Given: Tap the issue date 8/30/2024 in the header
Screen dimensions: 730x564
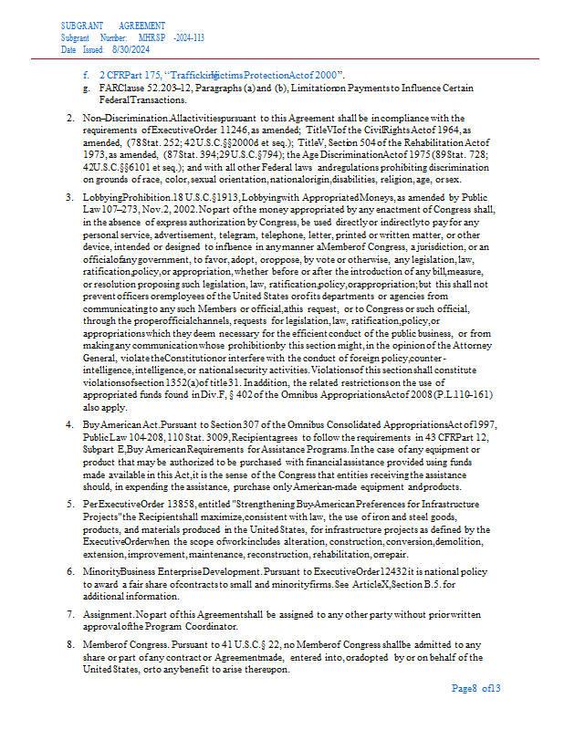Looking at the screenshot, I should pos(131,51).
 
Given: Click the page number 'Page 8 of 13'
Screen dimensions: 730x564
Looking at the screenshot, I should pos(476,688).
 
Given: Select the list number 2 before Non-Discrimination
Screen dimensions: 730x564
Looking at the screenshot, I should pos(70,119).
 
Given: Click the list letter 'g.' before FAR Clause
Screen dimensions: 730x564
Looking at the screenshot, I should pos(85,89).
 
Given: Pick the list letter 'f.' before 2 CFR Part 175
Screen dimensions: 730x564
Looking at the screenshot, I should pos(86,73).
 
